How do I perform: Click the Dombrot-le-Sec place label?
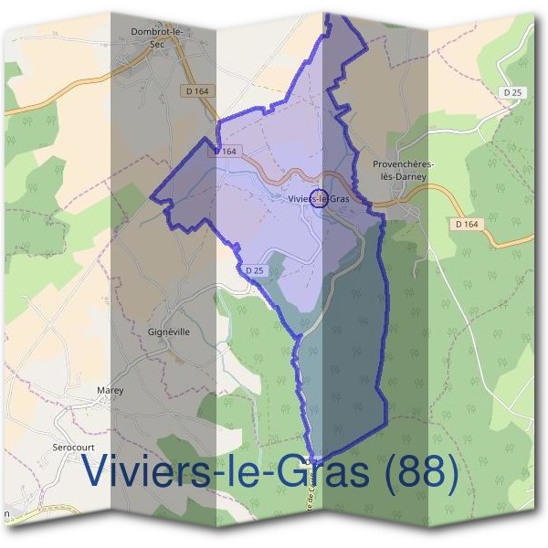[158, 36]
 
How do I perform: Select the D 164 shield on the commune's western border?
[227, 152]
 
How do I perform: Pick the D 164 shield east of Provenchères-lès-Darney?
[490, 224]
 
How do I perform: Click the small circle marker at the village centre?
[343, 198]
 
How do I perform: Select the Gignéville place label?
[168, 332]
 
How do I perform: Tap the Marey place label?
[110, 390]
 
